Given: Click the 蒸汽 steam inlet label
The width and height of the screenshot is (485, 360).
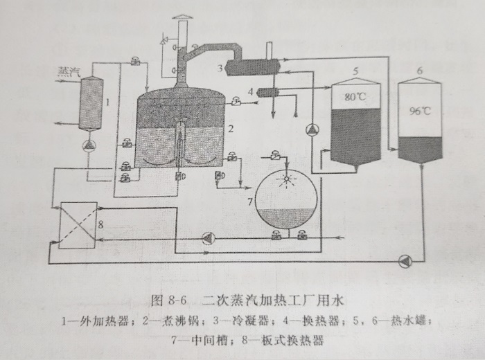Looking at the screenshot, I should pos(67,71).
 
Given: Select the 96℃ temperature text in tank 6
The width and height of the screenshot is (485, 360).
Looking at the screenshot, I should pos(421,109).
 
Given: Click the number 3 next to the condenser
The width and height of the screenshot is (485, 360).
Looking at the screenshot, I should pos(220,67).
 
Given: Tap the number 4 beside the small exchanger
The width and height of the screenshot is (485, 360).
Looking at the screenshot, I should pos(249,92).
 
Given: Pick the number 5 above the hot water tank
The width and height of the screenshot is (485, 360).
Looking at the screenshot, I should pos(355,71).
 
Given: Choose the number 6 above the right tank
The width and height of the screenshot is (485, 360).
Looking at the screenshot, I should pos(419,71).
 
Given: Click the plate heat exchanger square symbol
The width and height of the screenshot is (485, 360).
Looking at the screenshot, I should pos(76,225).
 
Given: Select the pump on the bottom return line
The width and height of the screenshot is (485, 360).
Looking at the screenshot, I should pos(405,261).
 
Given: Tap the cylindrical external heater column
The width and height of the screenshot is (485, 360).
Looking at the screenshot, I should pos(91,104).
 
